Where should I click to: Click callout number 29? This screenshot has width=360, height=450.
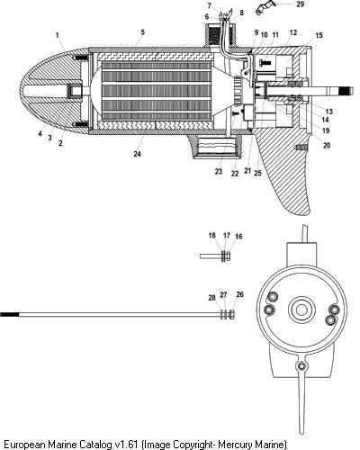click(x=300, y=4)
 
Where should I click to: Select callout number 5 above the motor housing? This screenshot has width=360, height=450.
click(x=143, y=32)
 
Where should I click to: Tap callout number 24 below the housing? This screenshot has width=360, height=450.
click(x=137, y=154)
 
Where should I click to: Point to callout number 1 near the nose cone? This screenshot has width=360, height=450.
click(x=58, y=35)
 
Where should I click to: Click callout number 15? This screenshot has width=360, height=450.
click(x=319, y=35)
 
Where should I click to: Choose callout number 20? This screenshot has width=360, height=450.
click(x=327, y=146)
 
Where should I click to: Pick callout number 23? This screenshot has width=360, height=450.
click(x=219, y=171)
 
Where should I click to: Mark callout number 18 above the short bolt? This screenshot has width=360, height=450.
click(x=212, y=236)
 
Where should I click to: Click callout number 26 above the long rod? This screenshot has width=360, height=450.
click(x=239, y=294)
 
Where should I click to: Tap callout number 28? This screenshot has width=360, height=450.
click(x=212, y=298)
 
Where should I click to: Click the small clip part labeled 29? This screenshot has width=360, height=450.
click(x=264, y=8)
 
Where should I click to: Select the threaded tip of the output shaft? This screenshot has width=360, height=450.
click(x=347, y=90)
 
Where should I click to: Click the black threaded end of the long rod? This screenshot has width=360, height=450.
click(x=9, y=314)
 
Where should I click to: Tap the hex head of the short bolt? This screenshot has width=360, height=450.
click(x=228, y=256)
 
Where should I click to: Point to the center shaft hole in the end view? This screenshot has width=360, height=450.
click(x=301, y=310)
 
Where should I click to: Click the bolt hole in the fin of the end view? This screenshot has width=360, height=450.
click(x=301, y=366)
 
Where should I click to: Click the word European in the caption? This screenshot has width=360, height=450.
click(x=23, y=444)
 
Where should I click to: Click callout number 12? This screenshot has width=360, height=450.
click(x=293, y=32)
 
